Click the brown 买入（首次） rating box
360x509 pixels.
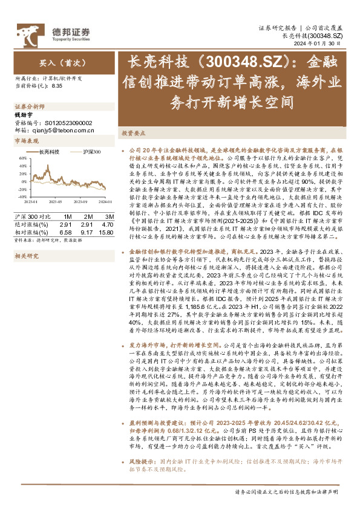tap(56, 62)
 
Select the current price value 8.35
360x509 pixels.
tap(57, 86)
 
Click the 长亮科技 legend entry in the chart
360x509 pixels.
tap(49, 152)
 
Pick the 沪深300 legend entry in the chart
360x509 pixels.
tap(91, 152)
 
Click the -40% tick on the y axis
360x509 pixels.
tap(21, 196)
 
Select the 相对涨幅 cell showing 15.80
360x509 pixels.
tap(107, 232)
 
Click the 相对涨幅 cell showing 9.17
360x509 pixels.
tap(88, 232)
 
